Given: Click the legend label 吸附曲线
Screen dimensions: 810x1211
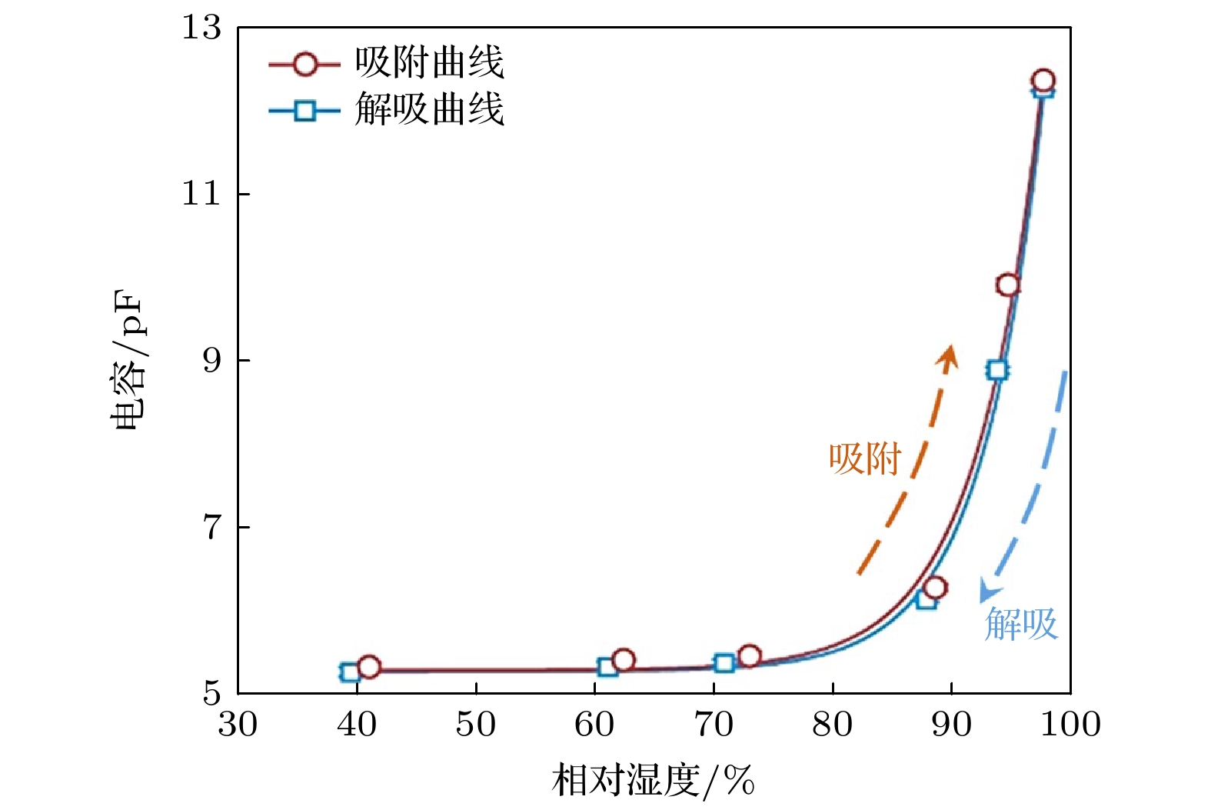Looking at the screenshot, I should [429, 62].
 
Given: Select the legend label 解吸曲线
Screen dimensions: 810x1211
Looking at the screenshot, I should [429, 108].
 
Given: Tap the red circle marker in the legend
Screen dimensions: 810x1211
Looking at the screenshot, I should [305, 65].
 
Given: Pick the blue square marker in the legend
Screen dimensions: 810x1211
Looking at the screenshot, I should [305, 111].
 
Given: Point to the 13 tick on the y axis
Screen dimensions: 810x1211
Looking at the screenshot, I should [201, 28].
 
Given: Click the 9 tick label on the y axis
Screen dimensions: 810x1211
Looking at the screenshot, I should [211, 360].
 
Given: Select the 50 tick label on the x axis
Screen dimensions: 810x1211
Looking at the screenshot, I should [476, 725].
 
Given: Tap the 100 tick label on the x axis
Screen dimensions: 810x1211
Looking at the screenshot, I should [1070, 725].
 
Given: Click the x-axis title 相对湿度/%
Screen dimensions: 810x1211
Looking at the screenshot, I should [653, 782].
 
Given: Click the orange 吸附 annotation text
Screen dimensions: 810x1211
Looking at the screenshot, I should [865, 459].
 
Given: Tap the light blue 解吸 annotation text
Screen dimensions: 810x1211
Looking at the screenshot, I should [1021, 624].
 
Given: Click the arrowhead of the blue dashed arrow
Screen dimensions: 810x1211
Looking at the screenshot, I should [986, 593].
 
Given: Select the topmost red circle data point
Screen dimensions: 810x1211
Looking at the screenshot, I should [1043, 80].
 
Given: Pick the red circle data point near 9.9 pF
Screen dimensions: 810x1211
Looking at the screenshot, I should [1008, 285].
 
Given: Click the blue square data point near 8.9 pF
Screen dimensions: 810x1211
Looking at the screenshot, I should [997, 370].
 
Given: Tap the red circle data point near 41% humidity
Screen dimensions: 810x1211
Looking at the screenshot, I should [369, 667].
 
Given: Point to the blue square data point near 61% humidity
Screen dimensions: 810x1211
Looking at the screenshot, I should [607, 667].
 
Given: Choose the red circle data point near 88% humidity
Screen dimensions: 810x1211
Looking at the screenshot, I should [935, 588].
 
